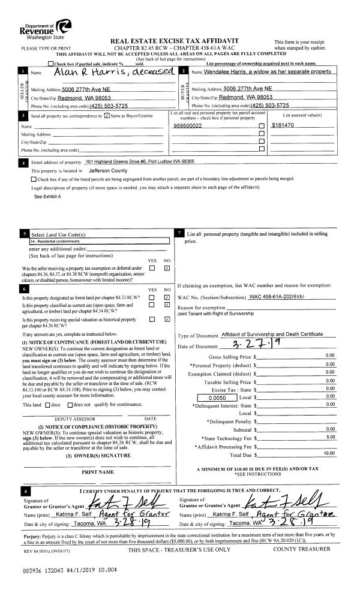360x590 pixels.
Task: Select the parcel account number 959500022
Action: [187, 127]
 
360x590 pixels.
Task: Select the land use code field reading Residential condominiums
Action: [99, 240]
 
